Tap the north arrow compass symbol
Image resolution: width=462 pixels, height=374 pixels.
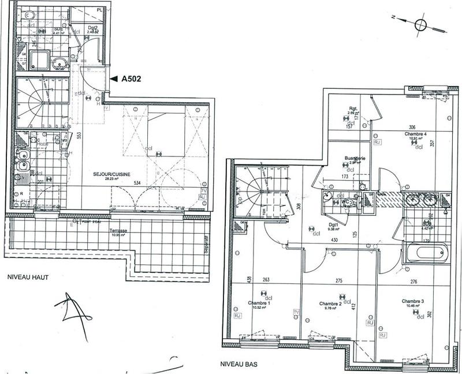tap(421, 24)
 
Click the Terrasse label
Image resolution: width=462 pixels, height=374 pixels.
tap(120, 230)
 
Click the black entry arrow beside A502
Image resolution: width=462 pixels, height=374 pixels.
tap(113, 80)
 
